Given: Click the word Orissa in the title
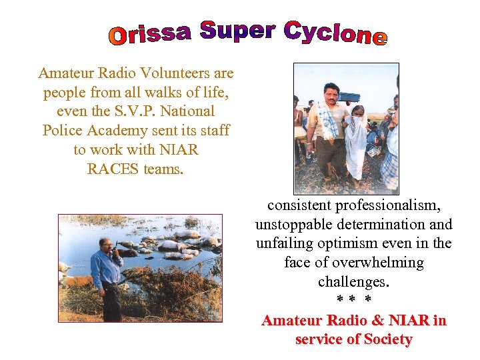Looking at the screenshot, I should [x=149, y=34].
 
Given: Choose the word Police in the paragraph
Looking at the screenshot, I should [x=62, y=131].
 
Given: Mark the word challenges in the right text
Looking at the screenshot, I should [x=353, y=282].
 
